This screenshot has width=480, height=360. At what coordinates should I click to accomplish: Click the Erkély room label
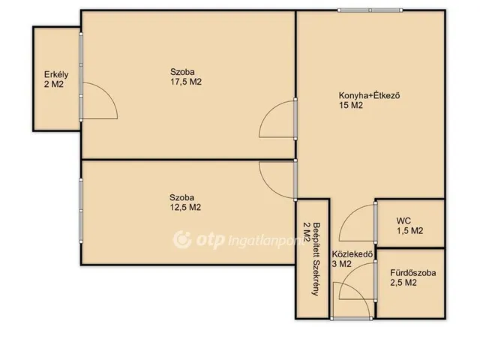tap(56, 75)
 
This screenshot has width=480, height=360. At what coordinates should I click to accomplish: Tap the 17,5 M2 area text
tap(186, 82)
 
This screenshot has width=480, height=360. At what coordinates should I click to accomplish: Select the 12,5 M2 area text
tap(185, 208)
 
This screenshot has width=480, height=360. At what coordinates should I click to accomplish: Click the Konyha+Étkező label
tap(370, 95)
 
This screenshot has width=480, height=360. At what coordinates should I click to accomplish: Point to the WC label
tap(403, 220)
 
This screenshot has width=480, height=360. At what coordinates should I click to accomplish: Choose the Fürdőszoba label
tap(413, 273)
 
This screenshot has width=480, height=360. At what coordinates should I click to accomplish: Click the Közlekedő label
tap(352, 254)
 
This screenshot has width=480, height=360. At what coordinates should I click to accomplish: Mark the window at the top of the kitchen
tap(370, 10)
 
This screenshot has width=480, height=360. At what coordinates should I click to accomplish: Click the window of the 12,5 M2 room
tap(81, 211)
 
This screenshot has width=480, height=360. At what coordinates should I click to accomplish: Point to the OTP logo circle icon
tap(182, 240)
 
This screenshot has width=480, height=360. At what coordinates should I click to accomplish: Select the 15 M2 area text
tap(351, 105)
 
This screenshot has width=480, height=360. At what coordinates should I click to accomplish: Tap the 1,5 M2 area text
tap(410, 231)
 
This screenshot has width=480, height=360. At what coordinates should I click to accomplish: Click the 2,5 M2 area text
tap(403, 283)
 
